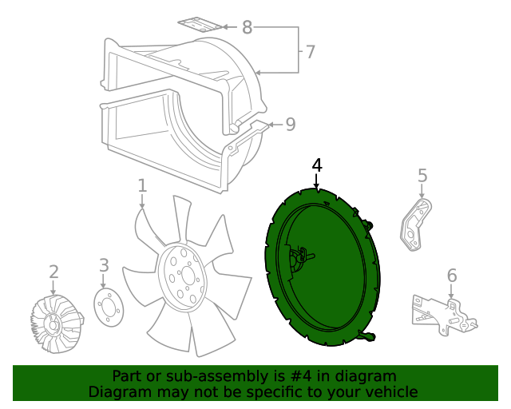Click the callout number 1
pyautogui.click(x=142, y=186)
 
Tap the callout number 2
pyautogui.click(x=53, y=272)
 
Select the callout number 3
pyautogui.click(x=104, y=265)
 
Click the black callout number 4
pyautogui.click(x=317, y=165)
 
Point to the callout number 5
pyautogui.click(x=422, y=176)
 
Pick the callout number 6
pyautogui.click(x=452, y=276)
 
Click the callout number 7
pyautogui.click(x=311, y=53)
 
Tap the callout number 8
pyautogui.click(x=247, y=28)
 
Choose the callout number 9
pyautogui.click(x=291, y=125)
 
